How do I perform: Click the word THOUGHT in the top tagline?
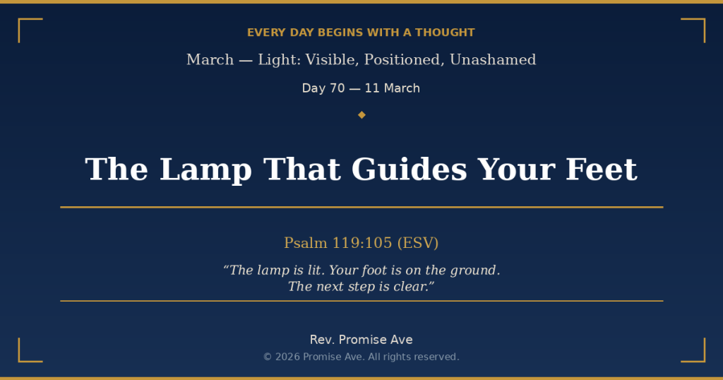(x=445, y=32)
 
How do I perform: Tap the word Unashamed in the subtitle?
(x=493, y=60)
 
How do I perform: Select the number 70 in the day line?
(x=337, y=88)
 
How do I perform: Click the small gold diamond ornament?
(x=361, y=115)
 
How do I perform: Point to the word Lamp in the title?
(x=205, y=170)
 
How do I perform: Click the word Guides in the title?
(x=410, y=170)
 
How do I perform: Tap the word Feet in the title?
(x=602, y=170)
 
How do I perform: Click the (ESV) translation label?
(x=418, y=242)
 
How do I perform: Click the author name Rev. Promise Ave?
(x=361, y=340)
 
